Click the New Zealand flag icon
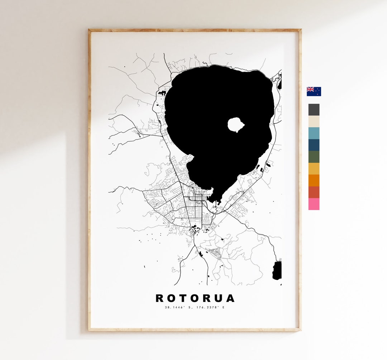click(x=314, y=91)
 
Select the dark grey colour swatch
click(x=314, y=110)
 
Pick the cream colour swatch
click(x=314, y=122)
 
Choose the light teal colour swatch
click(x=314, y=133)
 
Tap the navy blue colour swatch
click(x=314, y=145)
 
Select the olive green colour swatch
click(x=314, y=157)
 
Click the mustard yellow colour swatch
click(x=314, y=169)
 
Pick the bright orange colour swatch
click(x=314, y=180)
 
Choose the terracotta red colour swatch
click(x=314, y=192)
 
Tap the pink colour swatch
click(x=314, y=204)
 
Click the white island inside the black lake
click(x=236, y=124)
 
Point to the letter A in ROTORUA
click(x=230, y=298)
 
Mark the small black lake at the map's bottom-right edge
click(x=277, y=270)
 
